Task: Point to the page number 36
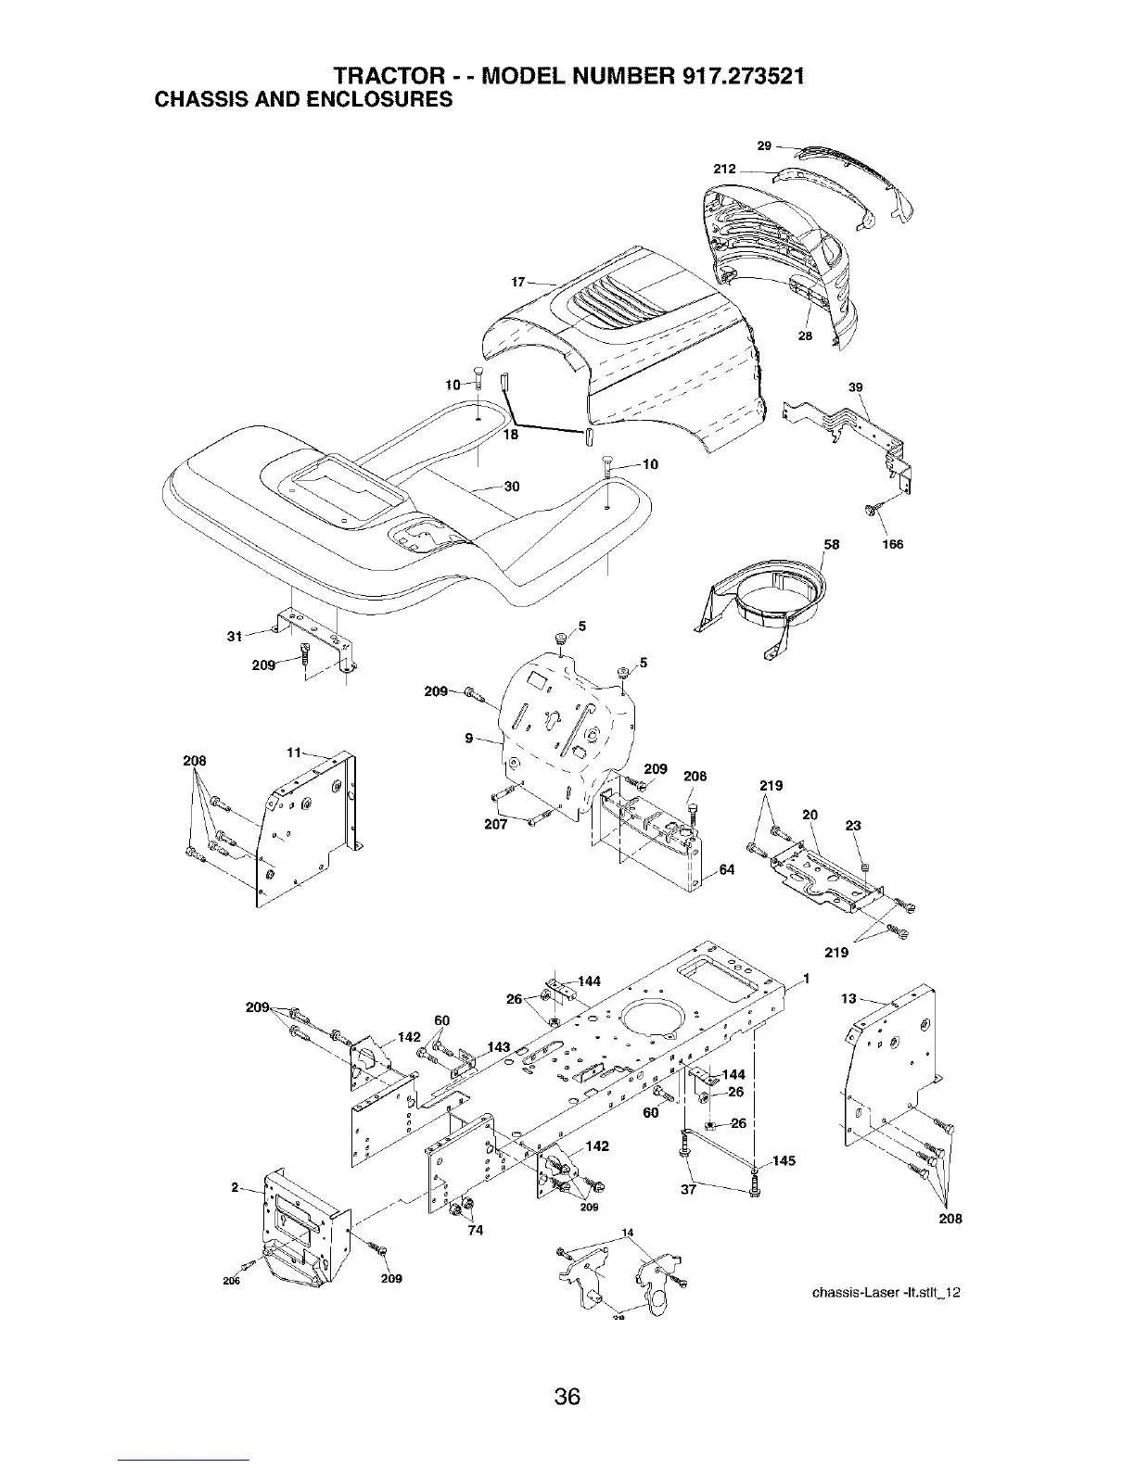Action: [567, 1370]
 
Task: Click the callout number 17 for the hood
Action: [516, 282]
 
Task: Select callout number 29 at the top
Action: [764, 146]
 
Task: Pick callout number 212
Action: [725, 170]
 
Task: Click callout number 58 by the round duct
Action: [831, 545]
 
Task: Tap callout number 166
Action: [893, 544]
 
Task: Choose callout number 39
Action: [855, 386]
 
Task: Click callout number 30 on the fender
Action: [511, 487]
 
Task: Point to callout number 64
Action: [726, 869]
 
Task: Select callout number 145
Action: [784, 1160]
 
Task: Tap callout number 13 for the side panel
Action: [848, 998]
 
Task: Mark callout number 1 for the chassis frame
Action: [807, 979]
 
